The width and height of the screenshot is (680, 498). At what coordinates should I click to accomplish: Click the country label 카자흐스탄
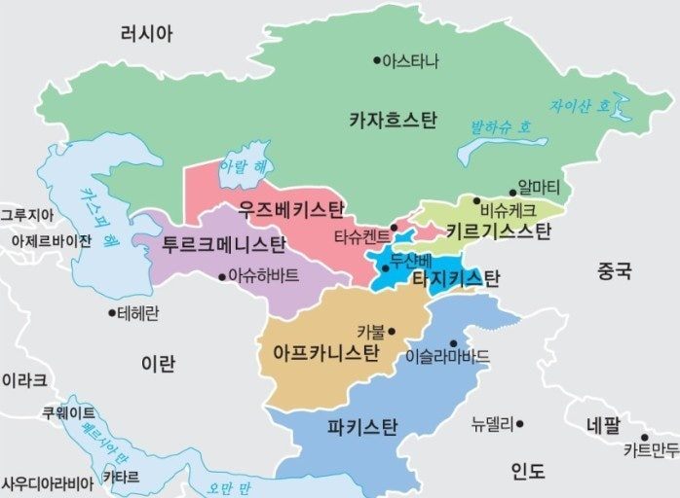pyautogui.click(x=393, y=121)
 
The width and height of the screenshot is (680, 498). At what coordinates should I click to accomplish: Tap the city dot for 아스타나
pyautogui.click(x=377, y=60)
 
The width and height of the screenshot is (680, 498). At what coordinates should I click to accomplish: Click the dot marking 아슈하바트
pyautogui.click(x=221, y=275)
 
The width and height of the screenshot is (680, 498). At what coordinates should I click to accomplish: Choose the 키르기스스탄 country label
pyautogui.click(x=498, y=231)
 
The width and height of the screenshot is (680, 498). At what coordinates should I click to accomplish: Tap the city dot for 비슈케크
pyautogui.click(x=476, y=201)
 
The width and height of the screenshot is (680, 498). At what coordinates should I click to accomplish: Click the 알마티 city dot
pyautogui.click(x=511, y=193)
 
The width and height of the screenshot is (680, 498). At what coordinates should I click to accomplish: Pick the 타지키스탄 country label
pyautogui.click(x=455, y=279)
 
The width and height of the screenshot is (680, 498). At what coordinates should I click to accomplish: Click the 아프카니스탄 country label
pyautogui.click(x=327, y=351)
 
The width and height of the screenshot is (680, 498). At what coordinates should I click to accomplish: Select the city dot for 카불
pyautogui.click(x=392, y=331)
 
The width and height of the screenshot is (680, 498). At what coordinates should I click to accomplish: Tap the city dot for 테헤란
pyautogui.click(x=111, y=313)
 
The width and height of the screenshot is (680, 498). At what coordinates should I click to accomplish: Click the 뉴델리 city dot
pyautogui.click(x=520, y=423)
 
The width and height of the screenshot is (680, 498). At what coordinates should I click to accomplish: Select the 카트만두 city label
pyautogui.click(x=651, y=450)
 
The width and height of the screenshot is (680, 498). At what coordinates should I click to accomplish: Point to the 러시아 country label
pyautogui.click(x=146, y=34)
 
